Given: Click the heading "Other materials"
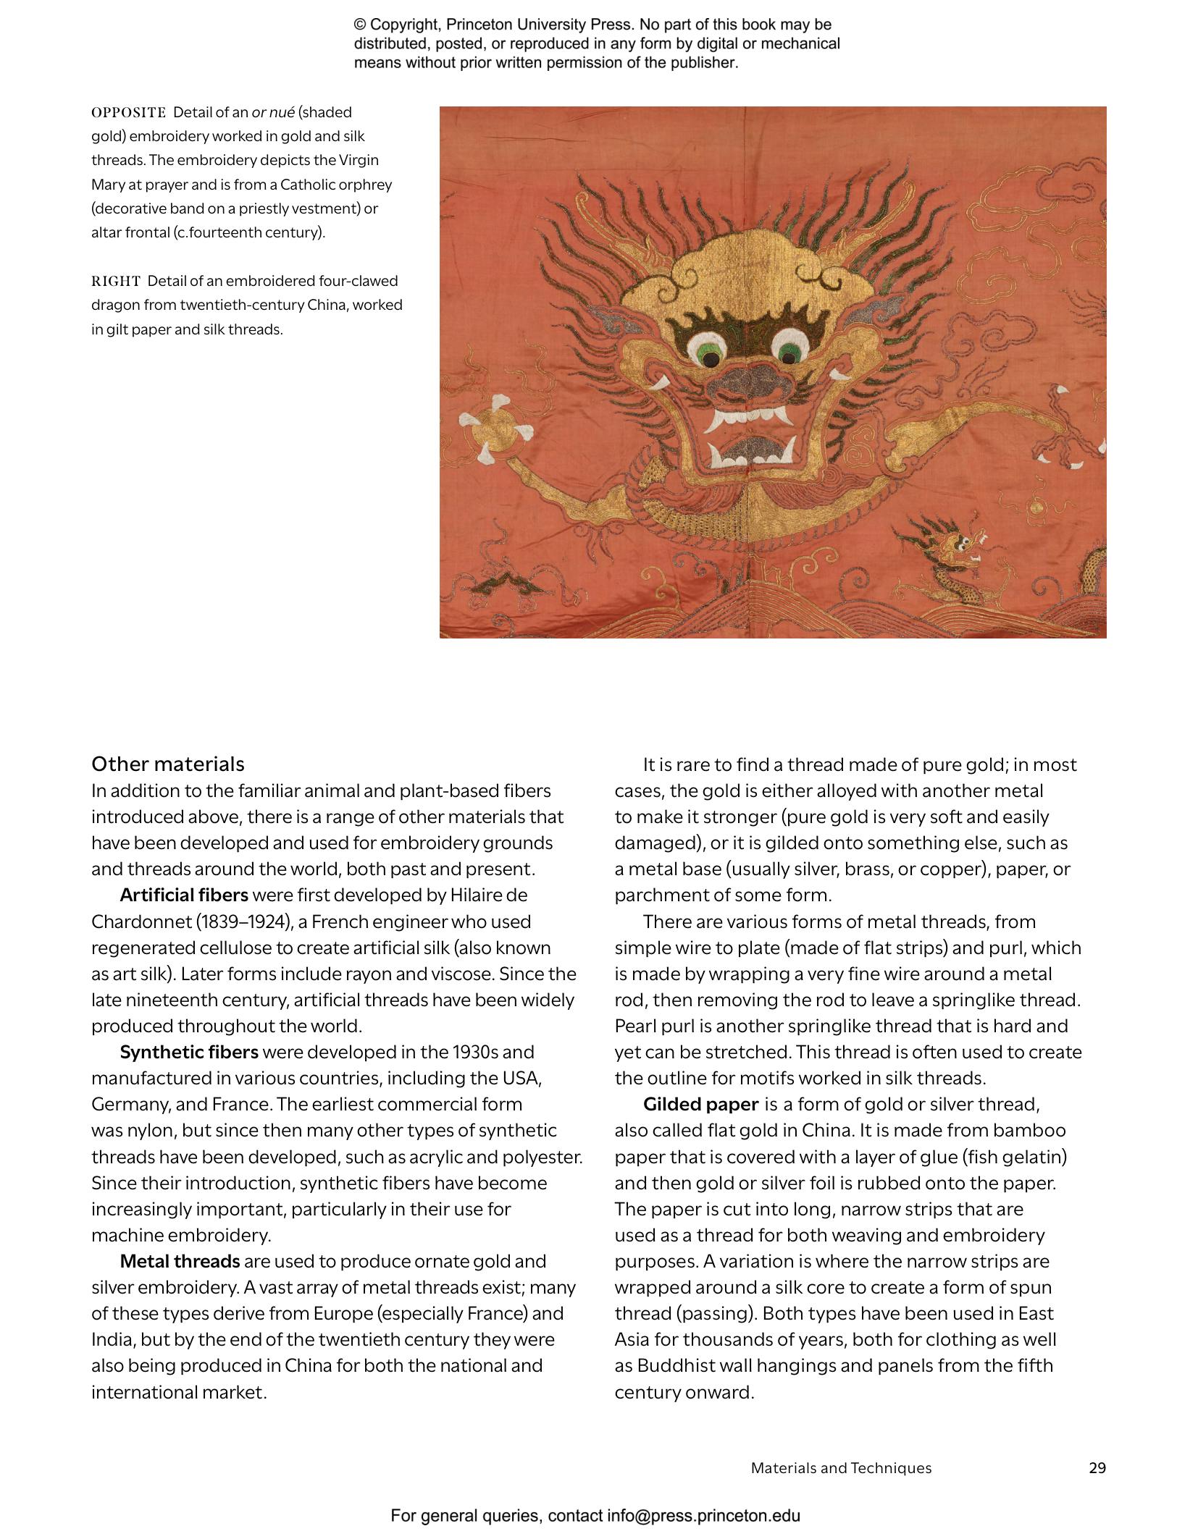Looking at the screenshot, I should tap(167, 764).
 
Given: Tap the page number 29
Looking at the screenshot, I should tap(1097, 1467).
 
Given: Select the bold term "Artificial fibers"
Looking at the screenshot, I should tap(184, 895).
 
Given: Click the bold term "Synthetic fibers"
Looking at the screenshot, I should tap(189, 1052).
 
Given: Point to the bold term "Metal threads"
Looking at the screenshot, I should tap(180, 1261).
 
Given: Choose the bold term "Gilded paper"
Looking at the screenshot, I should tap(700, 1104).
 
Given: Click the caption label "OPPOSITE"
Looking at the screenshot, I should tap(128, 112).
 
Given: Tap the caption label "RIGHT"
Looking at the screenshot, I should tap(116, 281).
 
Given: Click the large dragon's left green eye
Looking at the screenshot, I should tap(706, 354).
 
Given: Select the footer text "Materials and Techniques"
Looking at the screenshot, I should tap(841, 1467).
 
